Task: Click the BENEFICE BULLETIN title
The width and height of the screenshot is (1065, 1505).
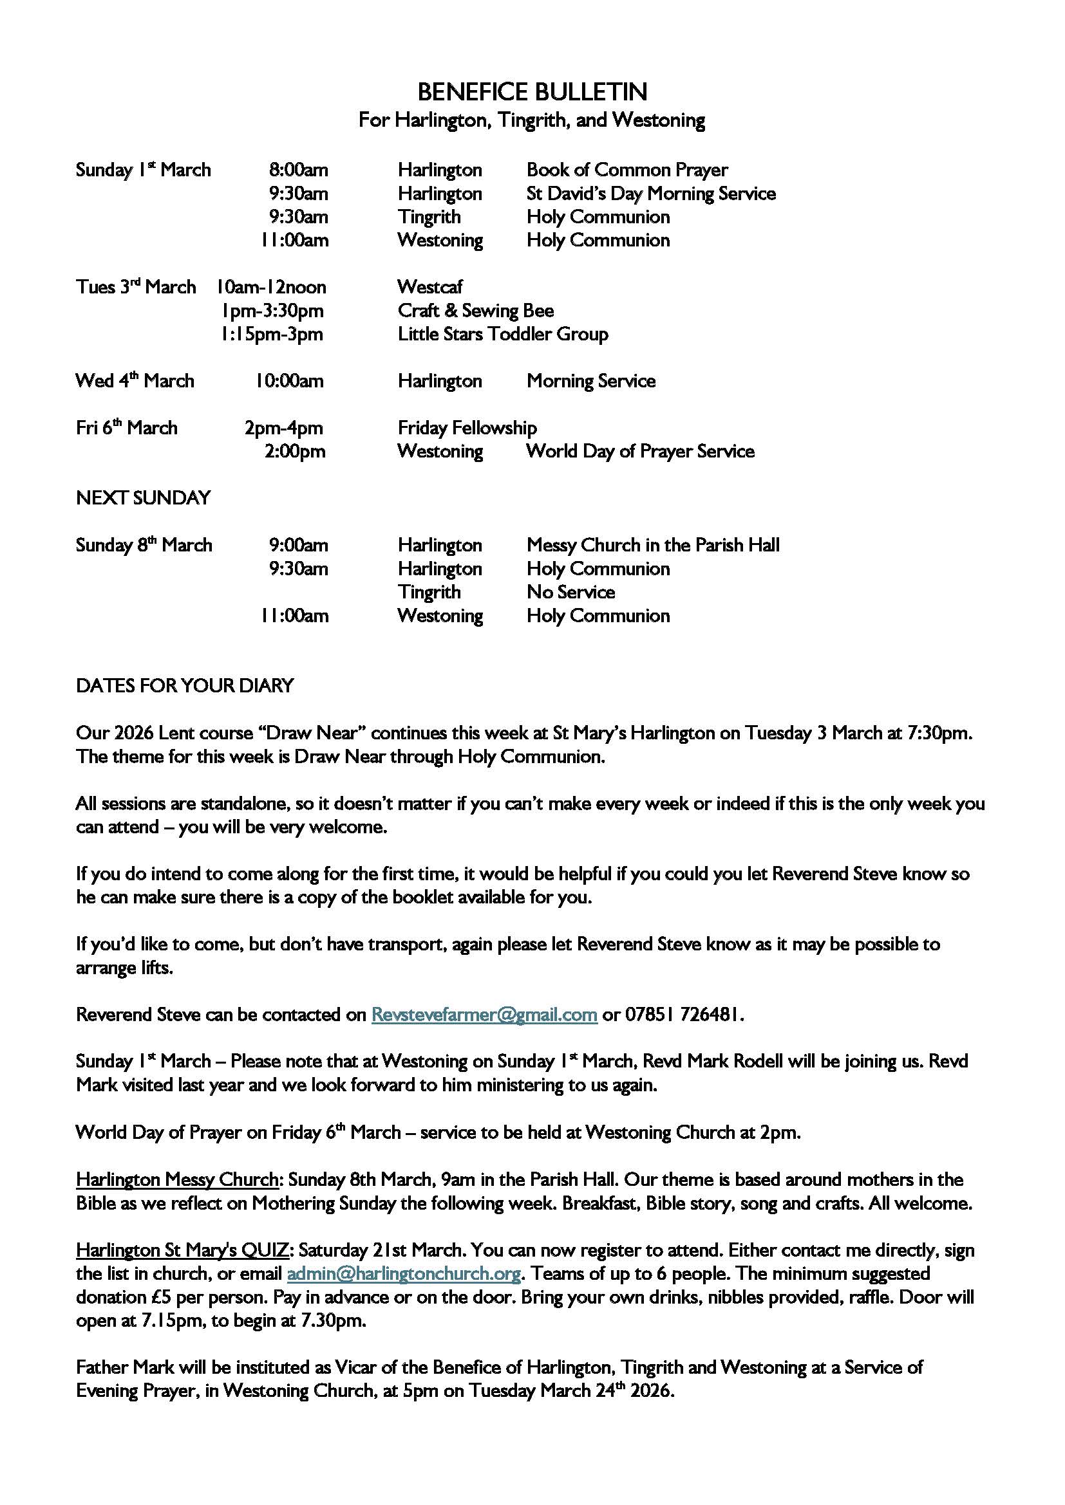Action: tap(532, 93)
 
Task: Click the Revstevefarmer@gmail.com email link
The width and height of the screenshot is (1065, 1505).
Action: tap(484, 1015)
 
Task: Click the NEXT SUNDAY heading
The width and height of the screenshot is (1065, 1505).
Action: tap(143, 498)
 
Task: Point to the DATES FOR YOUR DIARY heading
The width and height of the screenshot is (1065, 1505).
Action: tap(185, 686)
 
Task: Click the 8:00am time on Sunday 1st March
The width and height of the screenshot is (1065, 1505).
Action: tap(298, 171)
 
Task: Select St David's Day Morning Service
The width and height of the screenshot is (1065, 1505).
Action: tap(650, 194)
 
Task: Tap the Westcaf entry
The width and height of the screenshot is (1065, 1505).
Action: tap(429, 287)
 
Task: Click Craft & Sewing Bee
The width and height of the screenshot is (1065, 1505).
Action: tap(475, 311)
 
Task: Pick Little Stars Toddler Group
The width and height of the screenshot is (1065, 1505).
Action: tap(502, 335)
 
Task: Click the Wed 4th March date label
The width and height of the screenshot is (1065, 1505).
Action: tap(135, 381)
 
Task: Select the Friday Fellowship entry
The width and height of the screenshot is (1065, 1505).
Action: tap(467, 428)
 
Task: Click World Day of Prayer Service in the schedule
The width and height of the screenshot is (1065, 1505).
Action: tap(640, 452)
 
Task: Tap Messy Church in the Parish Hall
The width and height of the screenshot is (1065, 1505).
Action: tap(652, 546)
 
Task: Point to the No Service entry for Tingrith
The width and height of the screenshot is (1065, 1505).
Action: tap(570, 593)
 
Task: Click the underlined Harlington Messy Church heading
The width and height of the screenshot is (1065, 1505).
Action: tap(177, 1180)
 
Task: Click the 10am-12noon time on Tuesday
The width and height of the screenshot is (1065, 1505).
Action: tap(272, 287)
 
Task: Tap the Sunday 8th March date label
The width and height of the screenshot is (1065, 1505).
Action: tap(144, 546)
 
